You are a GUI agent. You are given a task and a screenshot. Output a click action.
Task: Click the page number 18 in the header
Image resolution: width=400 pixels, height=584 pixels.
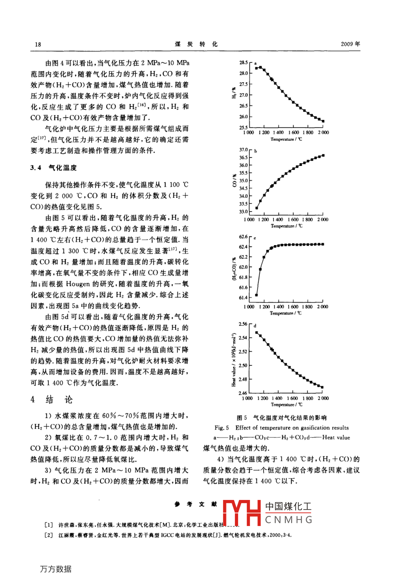point(38,44)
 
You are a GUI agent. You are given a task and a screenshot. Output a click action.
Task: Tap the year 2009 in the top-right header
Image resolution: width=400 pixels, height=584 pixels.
point(350,44)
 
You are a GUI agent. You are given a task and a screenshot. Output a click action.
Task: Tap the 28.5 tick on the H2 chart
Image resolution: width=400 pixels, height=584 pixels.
point(243,63)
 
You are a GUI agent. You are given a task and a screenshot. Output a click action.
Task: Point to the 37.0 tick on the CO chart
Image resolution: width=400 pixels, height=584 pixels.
point(243,150)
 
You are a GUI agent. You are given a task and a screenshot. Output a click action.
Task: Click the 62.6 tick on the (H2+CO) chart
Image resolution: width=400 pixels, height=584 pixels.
point(243,237)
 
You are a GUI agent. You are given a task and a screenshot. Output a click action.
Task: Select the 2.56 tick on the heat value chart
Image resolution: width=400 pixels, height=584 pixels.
point(243,324)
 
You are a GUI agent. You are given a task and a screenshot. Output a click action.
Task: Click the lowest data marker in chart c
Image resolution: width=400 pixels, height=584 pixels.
point(257,296)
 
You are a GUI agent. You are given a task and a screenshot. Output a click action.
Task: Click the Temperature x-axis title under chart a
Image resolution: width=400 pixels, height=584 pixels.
point(285,139)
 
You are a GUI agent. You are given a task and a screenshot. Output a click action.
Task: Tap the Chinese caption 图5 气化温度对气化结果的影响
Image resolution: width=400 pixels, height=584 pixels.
point(281,418)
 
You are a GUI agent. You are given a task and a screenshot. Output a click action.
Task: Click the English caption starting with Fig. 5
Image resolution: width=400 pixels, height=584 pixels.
point(281,428)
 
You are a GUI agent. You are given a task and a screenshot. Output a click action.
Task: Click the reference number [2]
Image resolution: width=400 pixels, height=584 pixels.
point(49,535)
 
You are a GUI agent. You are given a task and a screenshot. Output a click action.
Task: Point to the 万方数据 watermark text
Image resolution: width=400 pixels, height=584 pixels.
point(56,569)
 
